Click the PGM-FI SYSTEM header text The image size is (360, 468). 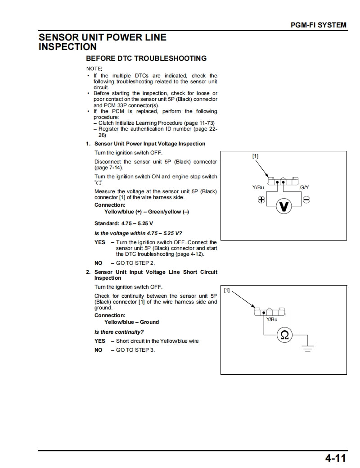click(x=319, y=25)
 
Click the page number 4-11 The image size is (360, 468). click(x=335, y=459)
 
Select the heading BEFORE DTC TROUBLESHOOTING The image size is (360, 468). click(x=146, y=59)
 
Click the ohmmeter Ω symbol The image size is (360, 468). click(x=284, y=335)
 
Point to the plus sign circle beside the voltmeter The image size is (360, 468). click(x=261, y=200)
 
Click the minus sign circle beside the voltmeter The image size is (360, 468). click(x=306, y=200)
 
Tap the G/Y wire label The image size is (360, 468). click(x=305, y=187)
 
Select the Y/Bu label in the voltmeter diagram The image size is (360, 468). click(x=258, y=187)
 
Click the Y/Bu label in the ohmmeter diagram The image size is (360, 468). click(x=272, y=319)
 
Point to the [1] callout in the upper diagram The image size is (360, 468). click(x=255, y=156)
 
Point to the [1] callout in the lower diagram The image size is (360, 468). click(x=227, y=291)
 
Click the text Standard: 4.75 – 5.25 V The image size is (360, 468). click(x=124, y=223)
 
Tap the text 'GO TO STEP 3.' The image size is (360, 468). click(x=135, y=350)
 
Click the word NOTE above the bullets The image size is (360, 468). click(x=94, y=68)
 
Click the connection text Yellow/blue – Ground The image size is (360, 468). click(x=131, y=322)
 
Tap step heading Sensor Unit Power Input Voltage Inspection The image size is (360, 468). click(x=149, y=144)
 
